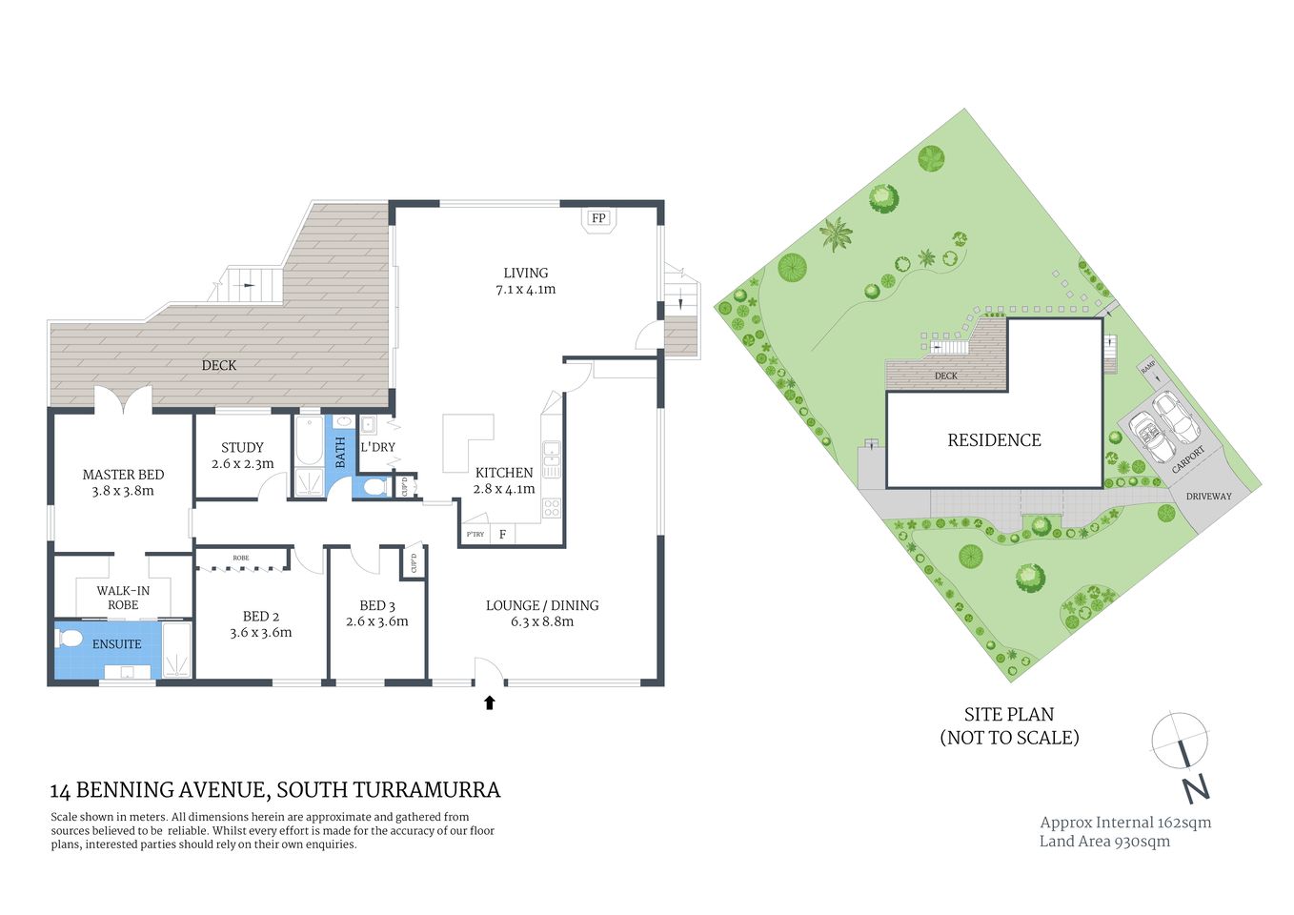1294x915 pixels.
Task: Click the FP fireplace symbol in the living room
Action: coord(598,218)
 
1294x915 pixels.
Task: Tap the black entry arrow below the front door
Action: coord(490,703)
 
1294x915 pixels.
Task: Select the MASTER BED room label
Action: coord(123,475)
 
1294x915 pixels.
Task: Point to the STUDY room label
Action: coord(242,447)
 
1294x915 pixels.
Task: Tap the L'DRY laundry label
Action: coord(377,447)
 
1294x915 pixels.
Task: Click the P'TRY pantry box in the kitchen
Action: coord(475,535)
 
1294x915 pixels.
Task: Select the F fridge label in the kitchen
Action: coord(502,535)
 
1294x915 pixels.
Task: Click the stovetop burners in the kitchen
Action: coord(552,508)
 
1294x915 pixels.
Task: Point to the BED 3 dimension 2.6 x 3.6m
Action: coord(377,621)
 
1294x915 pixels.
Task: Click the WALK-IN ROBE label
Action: coord(123,598)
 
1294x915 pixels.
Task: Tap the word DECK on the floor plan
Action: coord(218,365)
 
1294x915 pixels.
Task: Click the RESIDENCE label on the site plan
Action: coord(994,440)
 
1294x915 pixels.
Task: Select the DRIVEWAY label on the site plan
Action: coord(1208,497)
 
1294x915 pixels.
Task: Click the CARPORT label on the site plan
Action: coord(1187,459)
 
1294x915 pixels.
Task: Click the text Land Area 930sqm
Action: coord(1104,841)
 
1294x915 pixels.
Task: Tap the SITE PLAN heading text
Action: coord(1009,714)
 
